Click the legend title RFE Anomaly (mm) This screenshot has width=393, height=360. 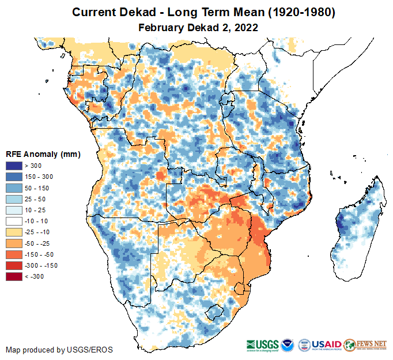(43, 154)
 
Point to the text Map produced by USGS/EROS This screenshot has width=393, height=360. (59, 350)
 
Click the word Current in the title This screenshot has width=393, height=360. (92, 12)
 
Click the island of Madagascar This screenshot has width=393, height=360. (357, 225)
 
